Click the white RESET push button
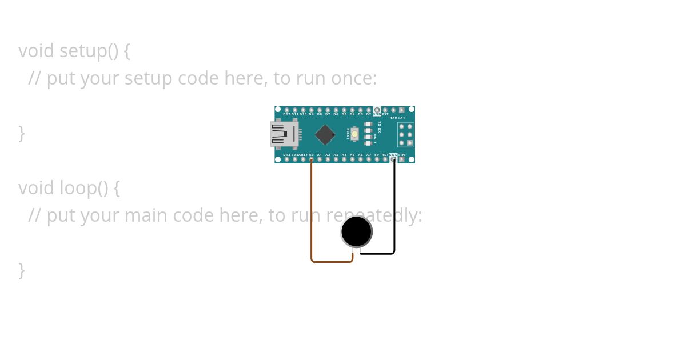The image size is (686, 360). point(355,134)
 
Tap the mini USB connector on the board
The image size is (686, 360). point(284,134)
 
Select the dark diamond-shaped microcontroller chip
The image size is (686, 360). point(325,134)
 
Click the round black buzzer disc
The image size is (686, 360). point(356,231)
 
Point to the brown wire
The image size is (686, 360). point(312,217)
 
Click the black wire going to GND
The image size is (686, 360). point(394,211)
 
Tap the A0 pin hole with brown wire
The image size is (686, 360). point(312,159)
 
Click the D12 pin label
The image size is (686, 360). point(286,114)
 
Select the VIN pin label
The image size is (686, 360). point(401,155)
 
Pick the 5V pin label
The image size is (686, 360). point(377,155)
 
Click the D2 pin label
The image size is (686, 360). point(368,114)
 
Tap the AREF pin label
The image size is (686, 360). point(303,155)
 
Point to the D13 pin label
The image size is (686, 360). point(286,155)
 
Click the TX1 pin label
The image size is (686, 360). point(401,118)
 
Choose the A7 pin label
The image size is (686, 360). point(369,155)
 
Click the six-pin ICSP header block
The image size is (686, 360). point(405,135)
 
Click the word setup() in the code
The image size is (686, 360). point(89,51)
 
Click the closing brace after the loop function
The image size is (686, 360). point(22,270)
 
